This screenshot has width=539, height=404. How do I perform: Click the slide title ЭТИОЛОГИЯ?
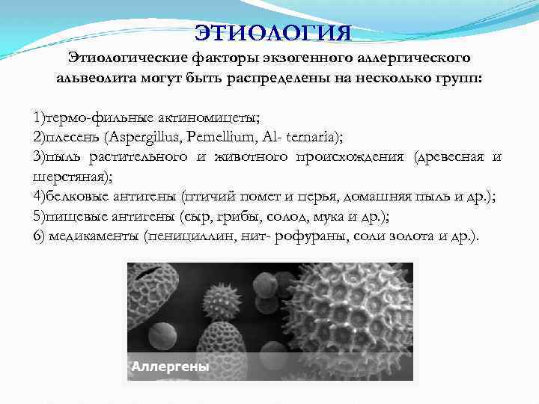[272, 33]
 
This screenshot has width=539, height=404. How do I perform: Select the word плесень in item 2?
[73, 137]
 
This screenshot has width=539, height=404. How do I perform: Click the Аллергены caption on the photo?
[170, 367]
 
